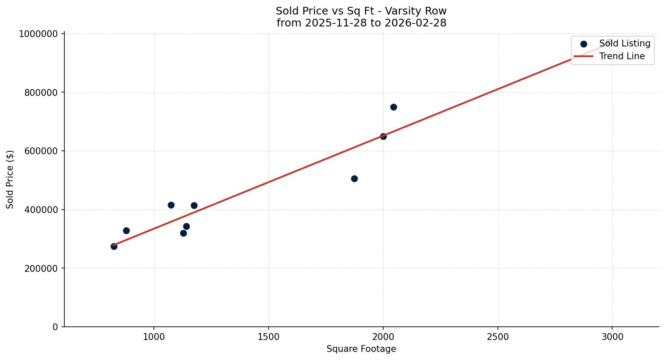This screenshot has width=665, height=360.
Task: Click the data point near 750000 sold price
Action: (x=393, y=107)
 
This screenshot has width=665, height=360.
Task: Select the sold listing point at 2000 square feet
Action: (x=383, y=136)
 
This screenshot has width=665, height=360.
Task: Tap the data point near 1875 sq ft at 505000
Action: (x=354, y=179)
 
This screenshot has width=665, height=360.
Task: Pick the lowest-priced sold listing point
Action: (x=114, y=246)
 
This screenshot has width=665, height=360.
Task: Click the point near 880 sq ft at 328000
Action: (x=126, y=230)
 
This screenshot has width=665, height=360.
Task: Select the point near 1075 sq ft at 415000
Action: (x=171, y=205)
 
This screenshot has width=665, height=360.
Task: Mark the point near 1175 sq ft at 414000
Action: (x=194, y=205)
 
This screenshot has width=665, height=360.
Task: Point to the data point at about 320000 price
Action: (x=183, y=233)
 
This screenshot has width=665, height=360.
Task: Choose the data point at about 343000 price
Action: (x=186, y=226)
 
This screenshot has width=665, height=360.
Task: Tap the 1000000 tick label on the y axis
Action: (x=38, y=34)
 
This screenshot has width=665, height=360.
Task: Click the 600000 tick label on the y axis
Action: (x=41, y=151)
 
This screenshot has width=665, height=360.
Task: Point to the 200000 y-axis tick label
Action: (x=41, y=268)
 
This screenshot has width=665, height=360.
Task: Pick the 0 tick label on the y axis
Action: (x=55, y=327)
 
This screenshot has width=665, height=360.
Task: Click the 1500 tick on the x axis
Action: (x=269, y=337)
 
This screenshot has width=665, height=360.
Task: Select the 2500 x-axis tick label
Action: (x=497, y=337)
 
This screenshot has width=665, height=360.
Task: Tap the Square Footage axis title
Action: (x=361, y=349)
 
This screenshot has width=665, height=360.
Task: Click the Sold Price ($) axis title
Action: (x=10, y=179)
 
